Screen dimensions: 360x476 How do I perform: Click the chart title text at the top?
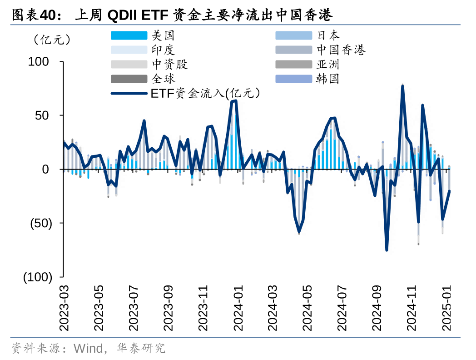173,15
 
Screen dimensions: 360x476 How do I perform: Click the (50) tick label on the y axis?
40,223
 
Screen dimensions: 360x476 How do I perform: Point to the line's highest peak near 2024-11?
402,86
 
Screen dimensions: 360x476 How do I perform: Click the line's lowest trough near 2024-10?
387,250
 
